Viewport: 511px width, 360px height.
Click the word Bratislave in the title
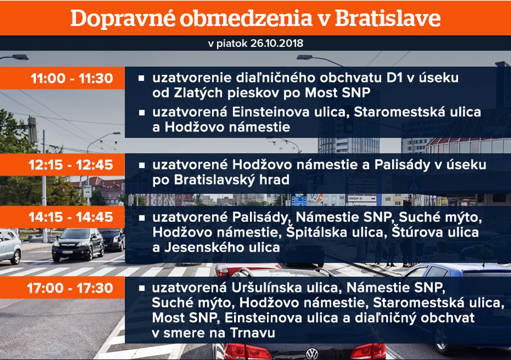pyautogui.click(x=387, y=18)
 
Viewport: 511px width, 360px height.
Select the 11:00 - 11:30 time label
pyautogui.click(x=72, y=78)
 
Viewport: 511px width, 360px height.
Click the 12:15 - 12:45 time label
pyautogui.click(x=71, y=165)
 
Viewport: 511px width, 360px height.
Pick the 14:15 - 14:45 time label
pyautogui.click(x=71, y=217)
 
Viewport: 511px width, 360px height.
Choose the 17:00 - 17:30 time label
pyautogui.click(x=70, y=288)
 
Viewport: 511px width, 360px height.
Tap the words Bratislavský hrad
pyautogui.click(x=232, y=180)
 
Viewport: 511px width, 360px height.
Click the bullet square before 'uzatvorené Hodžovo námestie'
pyautogui.click(x=141, y=165)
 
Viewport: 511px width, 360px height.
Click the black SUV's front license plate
pyautogui.click(x=67, y=252)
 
